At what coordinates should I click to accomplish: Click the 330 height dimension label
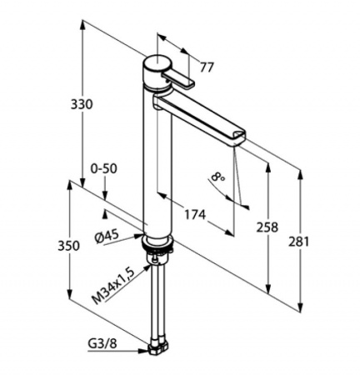(x=81, y=104)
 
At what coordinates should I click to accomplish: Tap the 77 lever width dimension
(x=207, y=67)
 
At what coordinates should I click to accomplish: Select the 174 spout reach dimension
(x=195, y=214)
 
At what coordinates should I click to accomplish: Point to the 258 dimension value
(x=267, y=227)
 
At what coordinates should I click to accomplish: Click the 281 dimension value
(x=298, y=242)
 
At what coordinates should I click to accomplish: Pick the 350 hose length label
(x=68, y=246)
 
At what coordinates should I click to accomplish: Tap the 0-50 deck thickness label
(x=104, y=168)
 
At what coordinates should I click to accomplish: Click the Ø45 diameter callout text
(x=107, y=237)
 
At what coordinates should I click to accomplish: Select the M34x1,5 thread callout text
(x=113, y=287)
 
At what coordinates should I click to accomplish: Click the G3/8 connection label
(x=102, y=344)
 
